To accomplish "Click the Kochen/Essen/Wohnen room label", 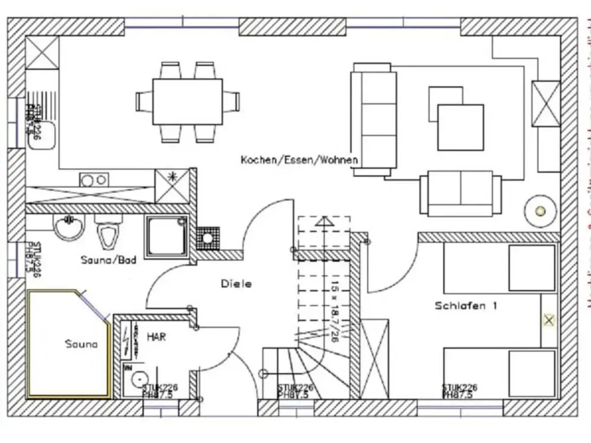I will tap(299, 160).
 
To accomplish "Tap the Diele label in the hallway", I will tap(236, 284).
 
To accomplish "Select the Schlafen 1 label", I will tap(466, 306).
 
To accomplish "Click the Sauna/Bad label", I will tap(108, 260).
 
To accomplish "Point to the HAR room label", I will tap(156, 337).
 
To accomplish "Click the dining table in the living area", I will tap(188, 102).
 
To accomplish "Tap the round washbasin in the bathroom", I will tap(69, 227).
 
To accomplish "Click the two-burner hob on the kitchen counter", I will tap(94, 180).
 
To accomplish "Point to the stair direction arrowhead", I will tap(324, 221).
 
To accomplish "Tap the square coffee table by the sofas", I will tap(460, 127).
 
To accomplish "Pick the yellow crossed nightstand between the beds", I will tap(549, 320).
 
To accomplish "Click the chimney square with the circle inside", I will tap(208, 238).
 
